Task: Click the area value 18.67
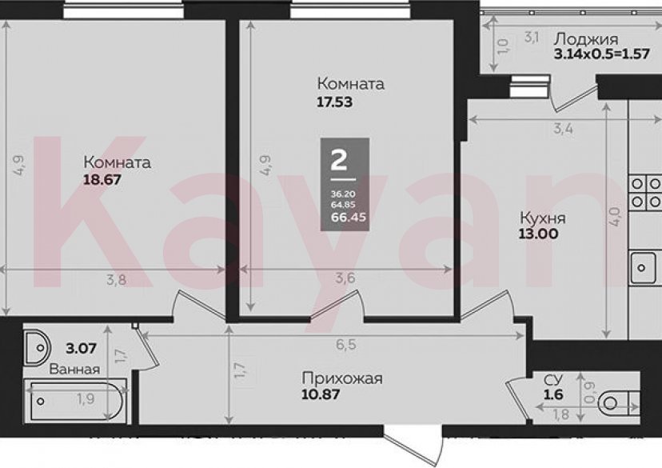coord(102,180)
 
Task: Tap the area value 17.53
coord(334,102)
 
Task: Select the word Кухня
coord(543,218)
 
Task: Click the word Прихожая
coord(342,378)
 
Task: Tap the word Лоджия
coord(585,39)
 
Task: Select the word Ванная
coord(74,369)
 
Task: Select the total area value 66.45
coord(344,215)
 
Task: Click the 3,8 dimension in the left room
coord(119,279)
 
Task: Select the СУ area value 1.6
coord(553,394)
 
